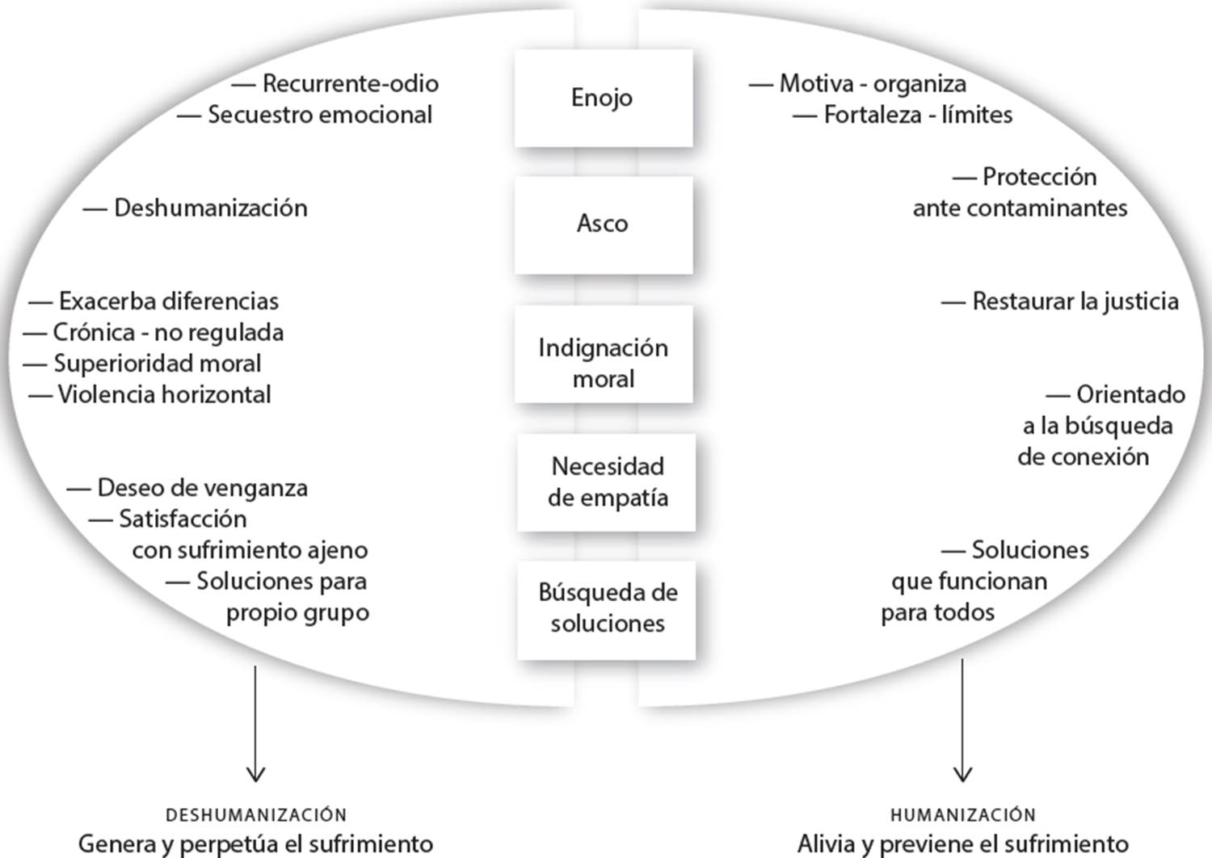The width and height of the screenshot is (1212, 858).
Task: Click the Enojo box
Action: point(603,98)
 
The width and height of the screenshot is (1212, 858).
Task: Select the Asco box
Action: point(603,224)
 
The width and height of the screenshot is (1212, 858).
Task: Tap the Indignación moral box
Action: point(603,363)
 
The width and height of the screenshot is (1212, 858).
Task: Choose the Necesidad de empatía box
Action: point(607,482)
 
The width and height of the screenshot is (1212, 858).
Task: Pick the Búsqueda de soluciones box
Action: point(607,608)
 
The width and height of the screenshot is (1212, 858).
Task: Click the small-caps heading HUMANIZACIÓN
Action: point(962,814)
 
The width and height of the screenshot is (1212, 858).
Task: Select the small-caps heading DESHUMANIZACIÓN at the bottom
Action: point(256,814)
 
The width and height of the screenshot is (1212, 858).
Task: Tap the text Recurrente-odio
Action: point(350,83)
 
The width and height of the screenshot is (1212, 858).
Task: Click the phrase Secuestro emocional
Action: point(320,115)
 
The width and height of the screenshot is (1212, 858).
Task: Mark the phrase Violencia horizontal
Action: point(164,394)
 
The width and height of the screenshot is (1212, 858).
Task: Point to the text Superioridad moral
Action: point(157,364)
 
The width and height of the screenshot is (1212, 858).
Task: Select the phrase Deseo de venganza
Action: point(202,488)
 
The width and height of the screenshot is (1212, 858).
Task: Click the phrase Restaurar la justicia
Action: point(1075,301)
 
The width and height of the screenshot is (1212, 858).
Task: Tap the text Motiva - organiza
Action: point(872,83)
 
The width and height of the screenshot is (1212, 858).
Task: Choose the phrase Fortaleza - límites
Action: point(917,115)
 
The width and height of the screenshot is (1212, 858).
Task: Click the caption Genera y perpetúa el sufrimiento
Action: point(255,843)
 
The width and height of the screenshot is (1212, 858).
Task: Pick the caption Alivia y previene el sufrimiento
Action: point(962,843)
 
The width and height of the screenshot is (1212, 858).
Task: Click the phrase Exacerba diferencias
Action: point(168,301)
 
